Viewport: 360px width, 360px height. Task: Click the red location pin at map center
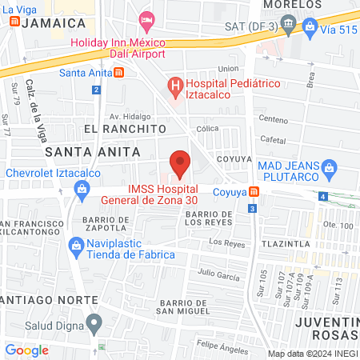181,163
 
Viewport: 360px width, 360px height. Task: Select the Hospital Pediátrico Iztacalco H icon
174,84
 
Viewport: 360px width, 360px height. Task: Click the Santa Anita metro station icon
119,73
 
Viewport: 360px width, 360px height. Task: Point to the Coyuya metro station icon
254,192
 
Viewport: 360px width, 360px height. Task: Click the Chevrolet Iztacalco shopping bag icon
81,189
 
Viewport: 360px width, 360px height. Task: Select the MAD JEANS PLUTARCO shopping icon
328,167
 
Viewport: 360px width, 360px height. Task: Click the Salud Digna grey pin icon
94,324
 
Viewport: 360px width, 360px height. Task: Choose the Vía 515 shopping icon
310,26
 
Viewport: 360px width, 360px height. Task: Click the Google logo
26,350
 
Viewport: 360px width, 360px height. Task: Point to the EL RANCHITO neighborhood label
124,128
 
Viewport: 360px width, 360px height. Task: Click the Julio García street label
219,276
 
